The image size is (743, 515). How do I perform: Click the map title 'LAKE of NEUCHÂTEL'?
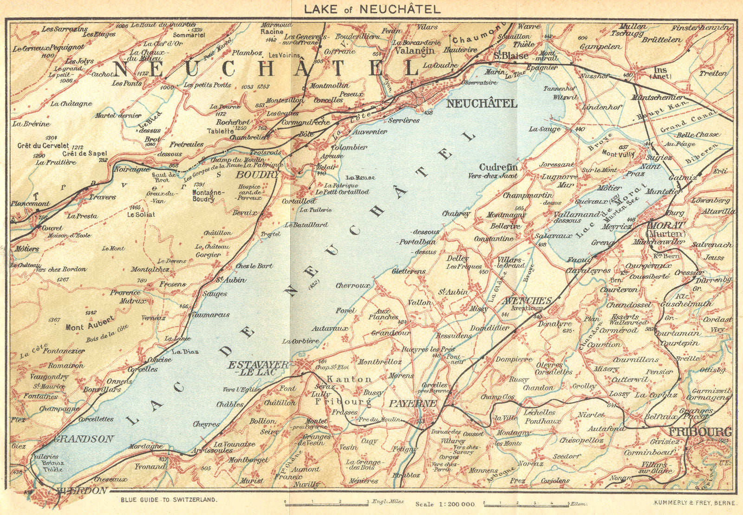(371, 9)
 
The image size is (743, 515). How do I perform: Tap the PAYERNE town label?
(412, 403)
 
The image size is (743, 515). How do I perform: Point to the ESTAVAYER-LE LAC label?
(258, 369)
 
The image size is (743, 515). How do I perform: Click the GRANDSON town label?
(84, 439)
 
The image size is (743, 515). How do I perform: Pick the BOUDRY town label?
(257, 175)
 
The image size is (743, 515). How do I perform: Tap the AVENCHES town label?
(527, 301)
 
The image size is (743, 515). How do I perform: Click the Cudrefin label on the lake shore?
(498, 167)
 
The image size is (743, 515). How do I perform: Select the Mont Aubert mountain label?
(90, 324)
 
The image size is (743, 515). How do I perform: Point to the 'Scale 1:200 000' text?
(445, 504)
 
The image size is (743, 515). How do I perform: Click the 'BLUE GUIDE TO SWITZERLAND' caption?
(169, 500)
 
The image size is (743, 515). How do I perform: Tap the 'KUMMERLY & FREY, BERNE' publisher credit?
(694, 502)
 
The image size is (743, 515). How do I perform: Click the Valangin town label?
(415, 50)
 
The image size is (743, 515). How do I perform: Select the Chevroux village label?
(353, 285)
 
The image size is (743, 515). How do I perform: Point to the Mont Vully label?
(618, 153)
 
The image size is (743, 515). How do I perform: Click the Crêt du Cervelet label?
(43, 145)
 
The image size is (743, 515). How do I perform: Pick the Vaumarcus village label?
(210, 315)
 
